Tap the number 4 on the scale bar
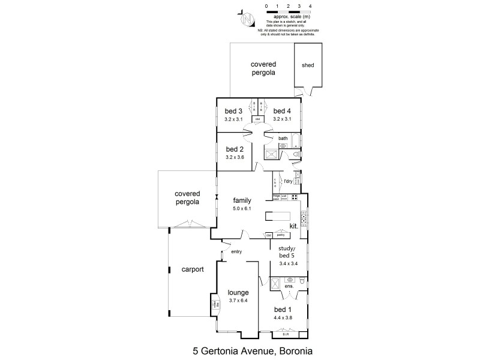click(310, 5)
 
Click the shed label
click(308, 65)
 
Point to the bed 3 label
click(233, 111)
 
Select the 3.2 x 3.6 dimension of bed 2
click(235, 157)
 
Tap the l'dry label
click(289, 181)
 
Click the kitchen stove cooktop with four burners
click(295, 197)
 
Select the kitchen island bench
click(283, 215)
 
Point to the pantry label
click(281, 235)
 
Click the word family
click(242, 201)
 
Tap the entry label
click(235, 251)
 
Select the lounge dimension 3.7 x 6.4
click(238, 301)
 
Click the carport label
click(193, 269)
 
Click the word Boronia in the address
click(293, 349)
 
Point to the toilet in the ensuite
click(303, 281)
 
